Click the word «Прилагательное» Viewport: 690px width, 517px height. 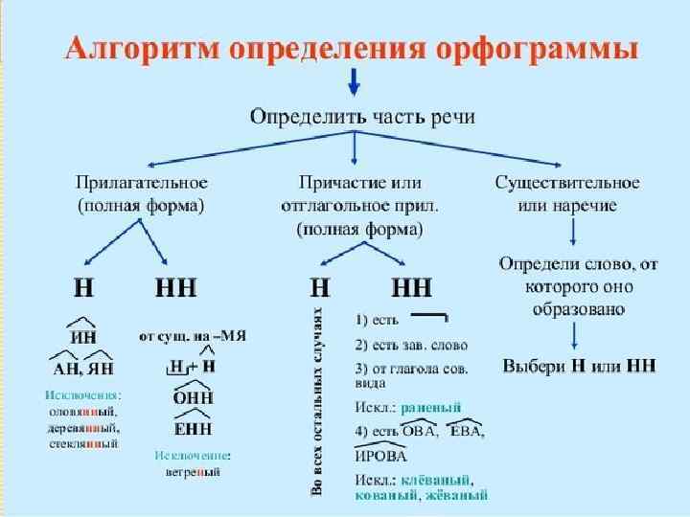coord(141,182)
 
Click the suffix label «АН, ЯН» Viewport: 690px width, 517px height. coord(83,368)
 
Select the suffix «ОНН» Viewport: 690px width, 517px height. coord(193,397)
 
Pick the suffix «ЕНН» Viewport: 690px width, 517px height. coord(193,428)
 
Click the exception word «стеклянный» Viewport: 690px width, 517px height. coord(83,444)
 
